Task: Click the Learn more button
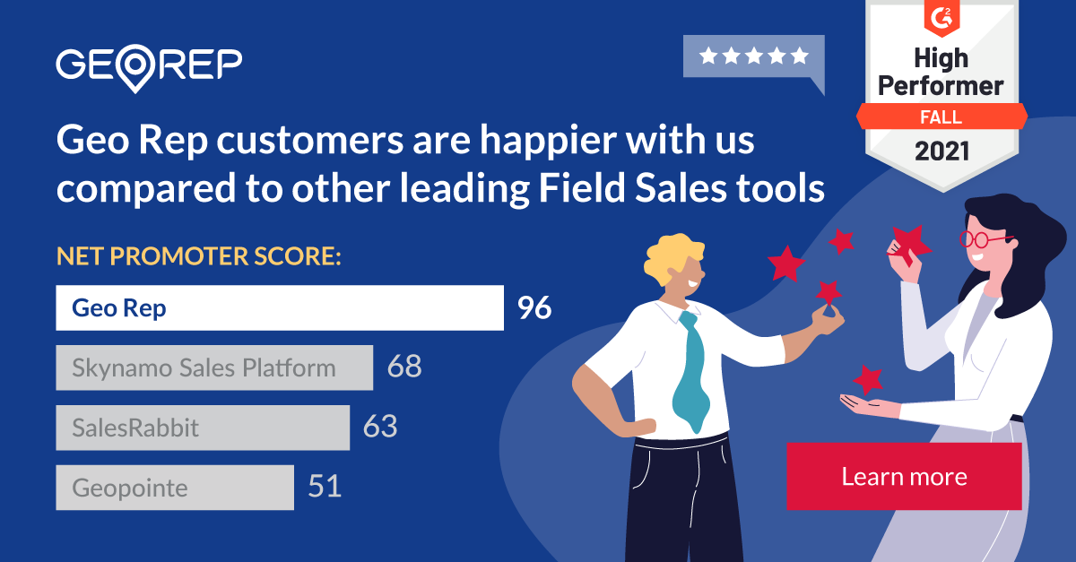904,476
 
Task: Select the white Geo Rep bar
279,308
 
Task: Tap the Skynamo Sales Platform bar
214,367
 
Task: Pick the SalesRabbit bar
203,428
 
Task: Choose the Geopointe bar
175,488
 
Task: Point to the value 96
534,308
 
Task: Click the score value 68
403,367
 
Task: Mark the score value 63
380,428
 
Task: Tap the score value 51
325,488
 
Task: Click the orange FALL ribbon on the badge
941,117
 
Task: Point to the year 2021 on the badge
941,151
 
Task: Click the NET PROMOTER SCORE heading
199,257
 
